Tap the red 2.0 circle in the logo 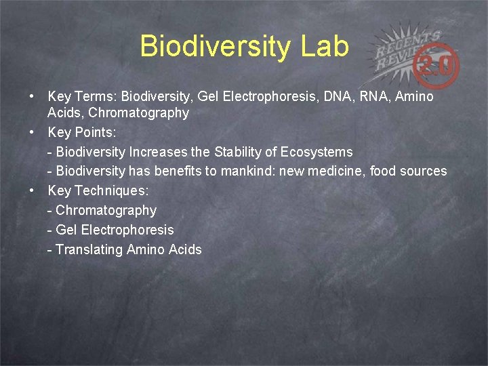[x=440, y=66]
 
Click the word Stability [x=241, y=152]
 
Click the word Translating [x=88, y=249]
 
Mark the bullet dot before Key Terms [x=33, y=97]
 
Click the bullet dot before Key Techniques [x=33, y=190]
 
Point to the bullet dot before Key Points [x=33, y=132]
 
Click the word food [x=382, y=171]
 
